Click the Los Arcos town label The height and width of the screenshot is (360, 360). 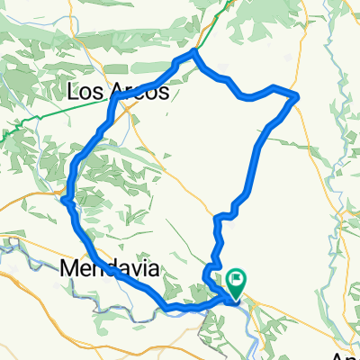(x=118, y=91)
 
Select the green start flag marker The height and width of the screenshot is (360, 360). (x=237, y=282)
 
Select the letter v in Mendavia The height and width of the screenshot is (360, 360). (x=133, y=268)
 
